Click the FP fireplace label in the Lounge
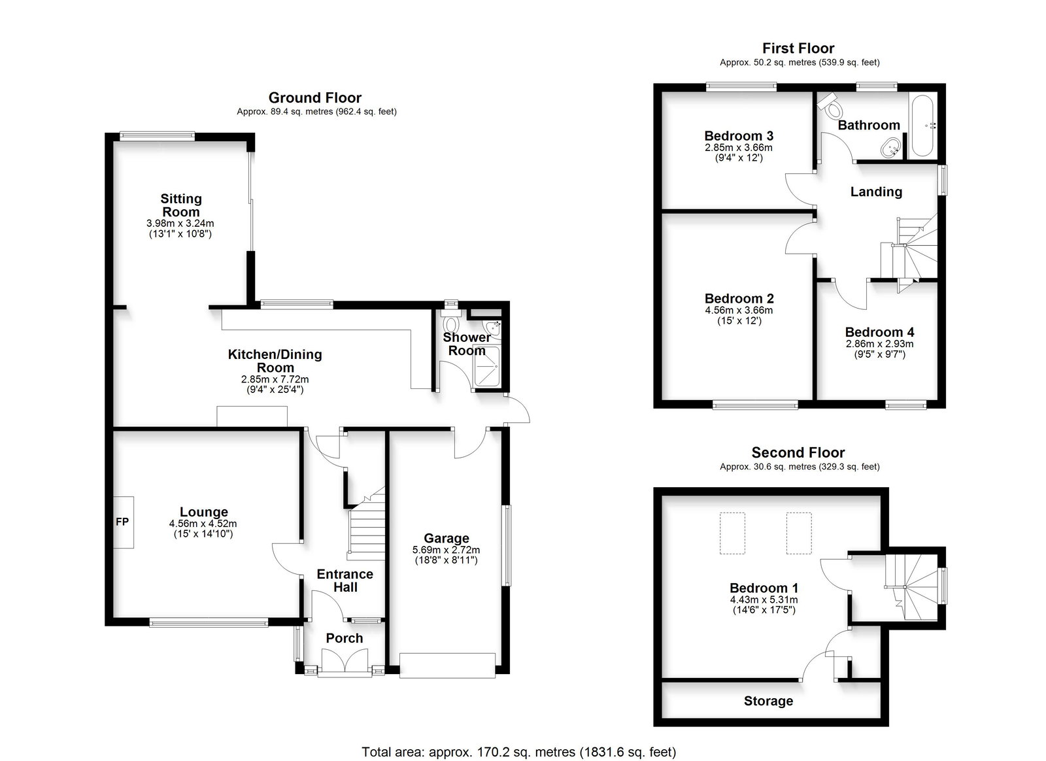[x=122, y=522]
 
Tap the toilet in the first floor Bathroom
[x=830, y=106]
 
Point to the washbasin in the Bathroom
[x=892, y=148]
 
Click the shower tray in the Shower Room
[x=486, y=367]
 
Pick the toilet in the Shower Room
[x=451, y=320]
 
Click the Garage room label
[x=447, y=538]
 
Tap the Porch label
[x=345, y=638]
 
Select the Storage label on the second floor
[x=769, y=701]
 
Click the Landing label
[x=876, y=192]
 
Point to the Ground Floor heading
[x=314, y=97]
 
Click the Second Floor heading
[x=798, y=452]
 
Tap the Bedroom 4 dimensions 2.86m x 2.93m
[x=880, y=344]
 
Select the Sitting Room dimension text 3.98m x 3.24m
[x=180, y=223]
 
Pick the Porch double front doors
[x=345, y=662]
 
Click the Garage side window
[x=507, y=545]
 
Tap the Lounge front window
[x=209, y=622]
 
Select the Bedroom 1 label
[x=764, y=588]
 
